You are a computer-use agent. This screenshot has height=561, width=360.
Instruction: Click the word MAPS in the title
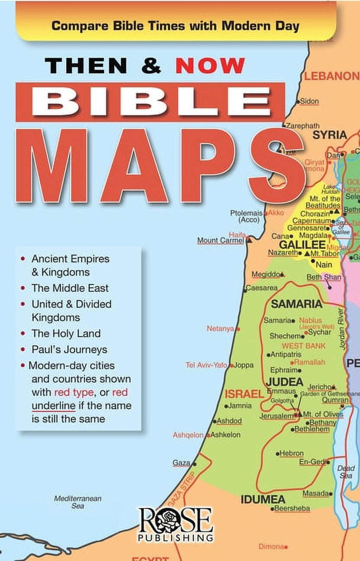[160, 166]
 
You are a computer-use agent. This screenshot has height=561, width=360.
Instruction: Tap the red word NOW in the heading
[210, 65]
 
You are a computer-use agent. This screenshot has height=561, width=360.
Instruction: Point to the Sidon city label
[309, 101]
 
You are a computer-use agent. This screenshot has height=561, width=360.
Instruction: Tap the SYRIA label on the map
[330, 135]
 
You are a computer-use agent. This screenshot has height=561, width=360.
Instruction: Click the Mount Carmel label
[221, 240]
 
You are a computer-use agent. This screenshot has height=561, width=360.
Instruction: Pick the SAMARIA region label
[296, 304]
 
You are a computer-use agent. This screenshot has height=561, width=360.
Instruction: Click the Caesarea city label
[262, 288]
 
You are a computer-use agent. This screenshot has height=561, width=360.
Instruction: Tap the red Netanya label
[220, 329]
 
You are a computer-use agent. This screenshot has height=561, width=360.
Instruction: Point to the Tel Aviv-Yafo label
[206, 365]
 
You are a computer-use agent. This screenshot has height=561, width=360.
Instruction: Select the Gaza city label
[181, 463]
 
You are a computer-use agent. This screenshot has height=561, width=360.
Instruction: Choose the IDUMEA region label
[263, 499]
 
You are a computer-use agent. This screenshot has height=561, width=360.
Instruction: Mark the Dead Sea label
[346, 472]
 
